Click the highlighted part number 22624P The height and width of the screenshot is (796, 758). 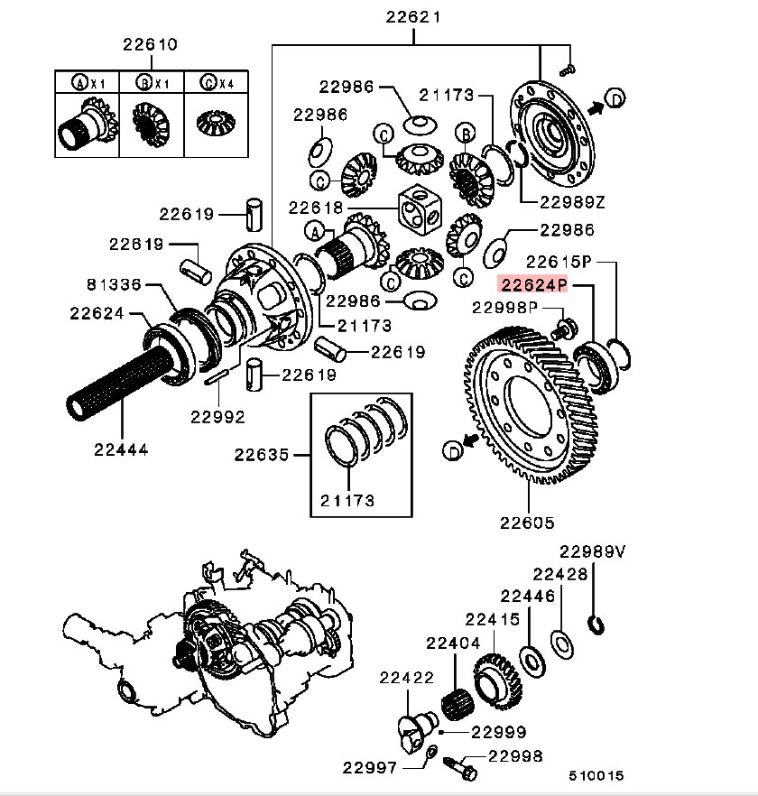coord(533,285)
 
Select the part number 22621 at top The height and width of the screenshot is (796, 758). coord(413,16)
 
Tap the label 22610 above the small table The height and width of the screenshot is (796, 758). coord(151,43)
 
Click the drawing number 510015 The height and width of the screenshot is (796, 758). coord(596,775)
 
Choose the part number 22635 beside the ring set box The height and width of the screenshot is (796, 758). coord(262,455)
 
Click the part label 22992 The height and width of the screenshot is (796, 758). coord(217,416)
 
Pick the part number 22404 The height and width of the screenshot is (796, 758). coord(453,643)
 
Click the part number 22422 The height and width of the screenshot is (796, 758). coord(406,677)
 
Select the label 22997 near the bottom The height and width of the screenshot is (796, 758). coord(369,767)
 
